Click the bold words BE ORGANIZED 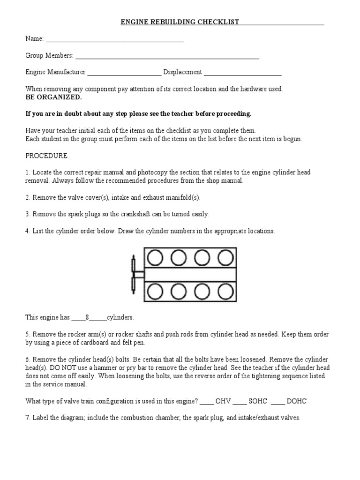point(53,97)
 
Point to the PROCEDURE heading point(46,155)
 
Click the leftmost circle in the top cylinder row point(156,257)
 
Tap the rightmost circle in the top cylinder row point(225,257)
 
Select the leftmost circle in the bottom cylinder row point(156,291)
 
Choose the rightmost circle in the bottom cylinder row point(225,291)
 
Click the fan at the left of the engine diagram point(135,274)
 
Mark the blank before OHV point(207,402)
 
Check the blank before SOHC point(240,402)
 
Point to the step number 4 point(28,231)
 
